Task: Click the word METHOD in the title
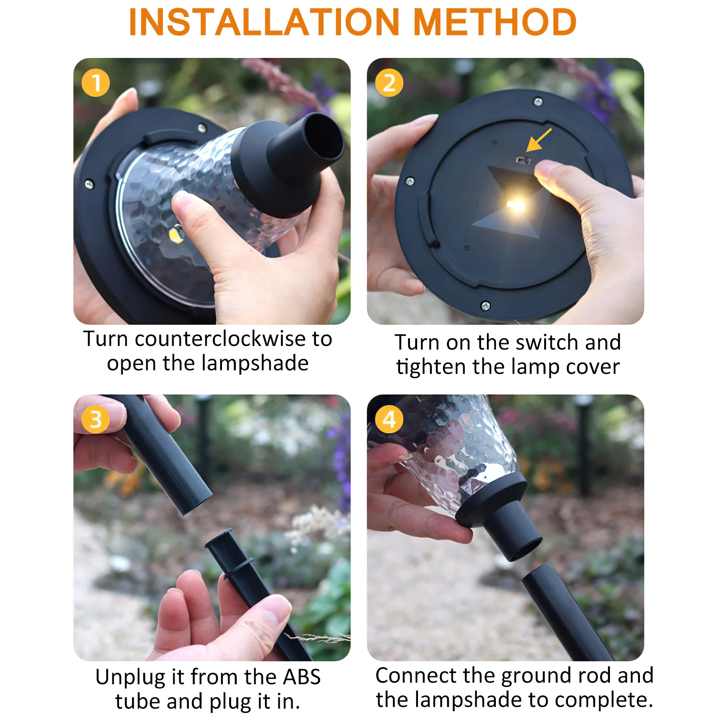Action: pos(495,22)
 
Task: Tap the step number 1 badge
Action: pos(95,83)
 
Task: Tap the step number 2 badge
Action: pos(389,83)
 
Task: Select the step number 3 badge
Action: pos(95,419)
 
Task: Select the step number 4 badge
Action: pos(389,419)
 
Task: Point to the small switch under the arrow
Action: pos(523,160)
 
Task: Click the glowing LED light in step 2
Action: pos(516,205)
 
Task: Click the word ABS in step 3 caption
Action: pos(302,677)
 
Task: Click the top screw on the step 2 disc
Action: pos(538,102)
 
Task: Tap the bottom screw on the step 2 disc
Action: pos(485,306)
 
